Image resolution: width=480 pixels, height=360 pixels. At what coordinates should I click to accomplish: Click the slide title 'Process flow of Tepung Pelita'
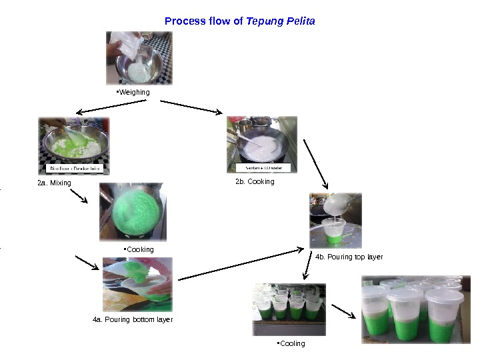click(x=239, y=21)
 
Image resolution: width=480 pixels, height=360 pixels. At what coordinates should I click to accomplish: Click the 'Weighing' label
click(x=133, y=92)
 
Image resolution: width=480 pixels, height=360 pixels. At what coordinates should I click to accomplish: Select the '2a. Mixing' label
click(x=54, y=183)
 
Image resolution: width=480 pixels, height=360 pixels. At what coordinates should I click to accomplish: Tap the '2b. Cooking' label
click(x=254, y=181)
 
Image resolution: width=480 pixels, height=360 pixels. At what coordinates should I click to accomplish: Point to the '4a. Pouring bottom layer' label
click(x=133, y=320)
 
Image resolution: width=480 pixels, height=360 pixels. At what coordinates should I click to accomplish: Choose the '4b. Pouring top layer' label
click(x=348, y=257)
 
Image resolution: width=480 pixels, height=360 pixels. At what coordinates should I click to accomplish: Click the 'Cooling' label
click(x=291, y=344)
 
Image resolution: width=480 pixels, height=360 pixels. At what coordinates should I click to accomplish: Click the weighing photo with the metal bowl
click(x=139, y=58)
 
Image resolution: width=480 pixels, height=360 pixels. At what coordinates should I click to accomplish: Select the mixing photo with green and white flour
click(x=73, y=146)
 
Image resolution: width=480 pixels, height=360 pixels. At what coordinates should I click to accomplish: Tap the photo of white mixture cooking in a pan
click(x=261, y=145)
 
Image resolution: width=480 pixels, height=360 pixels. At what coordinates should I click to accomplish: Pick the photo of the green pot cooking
click(x=133, y=212)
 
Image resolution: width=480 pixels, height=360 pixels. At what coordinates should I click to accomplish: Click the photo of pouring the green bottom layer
click(x=137, y=285)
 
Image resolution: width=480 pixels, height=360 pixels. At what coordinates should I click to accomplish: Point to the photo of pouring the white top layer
click(x=335, y=221)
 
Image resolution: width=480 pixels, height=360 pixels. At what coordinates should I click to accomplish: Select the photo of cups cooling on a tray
click(x=289, y=309)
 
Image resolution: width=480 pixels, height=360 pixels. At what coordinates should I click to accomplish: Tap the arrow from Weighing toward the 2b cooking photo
click(x=191, y=107)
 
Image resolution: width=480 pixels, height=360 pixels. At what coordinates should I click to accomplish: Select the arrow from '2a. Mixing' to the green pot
click(x=79, y=195)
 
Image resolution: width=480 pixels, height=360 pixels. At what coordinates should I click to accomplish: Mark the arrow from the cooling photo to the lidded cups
click(x=343, y=311)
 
